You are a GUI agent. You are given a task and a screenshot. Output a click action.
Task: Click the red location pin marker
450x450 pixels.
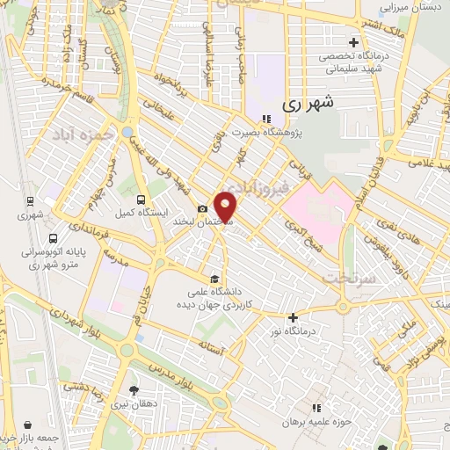(x=227, y=207)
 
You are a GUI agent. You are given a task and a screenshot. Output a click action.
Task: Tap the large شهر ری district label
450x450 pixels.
(x=308, y=103)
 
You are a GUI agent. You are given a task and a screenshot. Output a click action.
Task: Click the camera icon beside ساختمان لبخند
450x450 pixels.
(x=203, y=208)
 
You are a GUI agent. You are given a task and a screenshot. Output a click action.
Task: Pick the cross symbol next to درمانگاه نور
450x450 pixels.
(x=294, y=317)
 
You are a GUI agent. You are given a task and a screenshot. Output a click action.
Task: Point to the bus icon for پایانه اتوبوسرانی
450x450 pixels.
(x=54, y=238)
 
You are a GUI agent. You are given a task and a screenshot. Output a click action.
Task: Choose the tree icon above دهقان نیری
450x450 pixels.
(x=133, y=390)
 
